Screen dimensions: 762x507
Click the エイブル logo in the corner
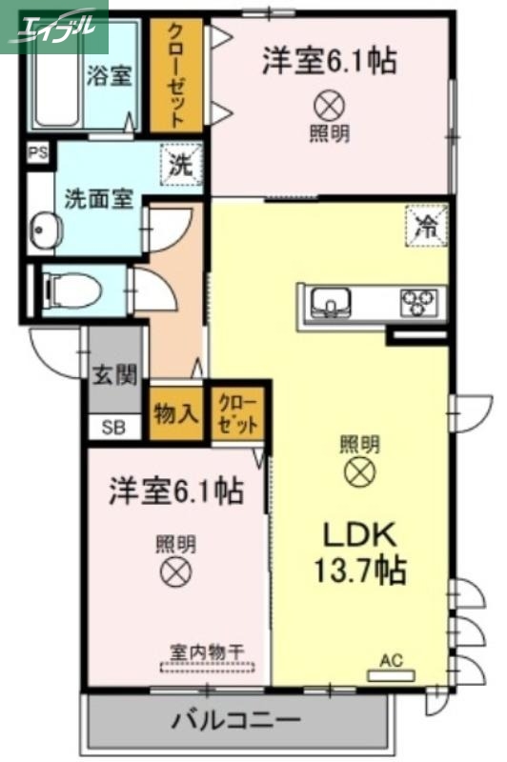point(53,26)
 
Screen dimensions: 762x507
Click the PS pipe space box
point(38,152)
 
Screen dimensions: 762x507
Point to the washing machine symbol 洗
point(181,162)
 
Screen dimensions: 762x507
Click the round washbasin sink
point(44,229)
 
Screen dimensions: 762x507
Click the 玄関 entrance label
point(114,374)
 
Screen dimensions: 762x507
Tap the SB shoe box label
point(113,426)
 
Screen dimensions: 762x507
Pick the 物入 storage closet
point(175,412)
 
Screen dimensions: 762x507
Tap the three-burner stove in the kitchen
point(419,302)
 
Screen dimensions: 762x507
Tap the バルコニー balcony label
point(237,720)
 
